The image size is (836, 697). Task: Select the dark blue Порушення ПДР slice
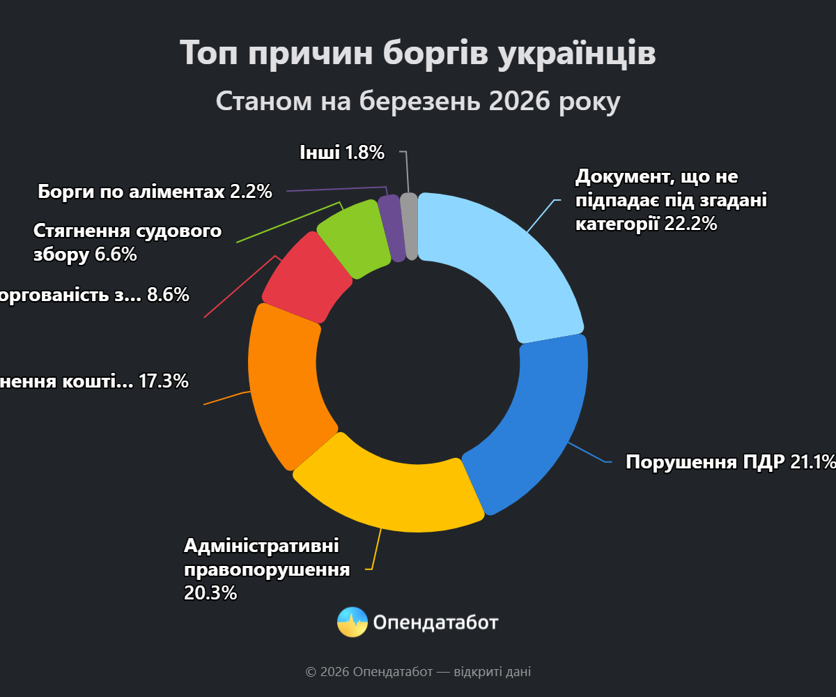click(533, 425)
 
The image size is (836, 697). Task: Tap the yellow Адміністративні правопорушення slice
click(390, 488)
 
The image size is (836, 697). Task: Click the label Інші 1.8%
click(342, 152)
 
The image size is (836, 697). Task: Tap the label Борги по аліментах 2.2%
click(155, 191)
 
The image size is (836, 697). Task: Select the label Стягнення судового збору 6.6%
click(127, 243)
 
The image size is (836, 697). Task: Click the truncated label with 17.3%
click(94, 381)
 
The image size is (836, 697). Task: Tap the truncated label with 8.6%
click(94, 295)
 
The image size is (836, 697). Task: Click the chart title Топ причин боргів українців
click(418, 53)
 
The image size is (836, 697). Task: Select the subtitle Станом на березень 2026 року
click(418, 101)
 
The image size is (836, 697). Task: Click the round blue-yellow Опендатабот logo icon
click(353, 622)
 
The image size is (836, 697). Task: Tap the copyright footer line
click(418, 672)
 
